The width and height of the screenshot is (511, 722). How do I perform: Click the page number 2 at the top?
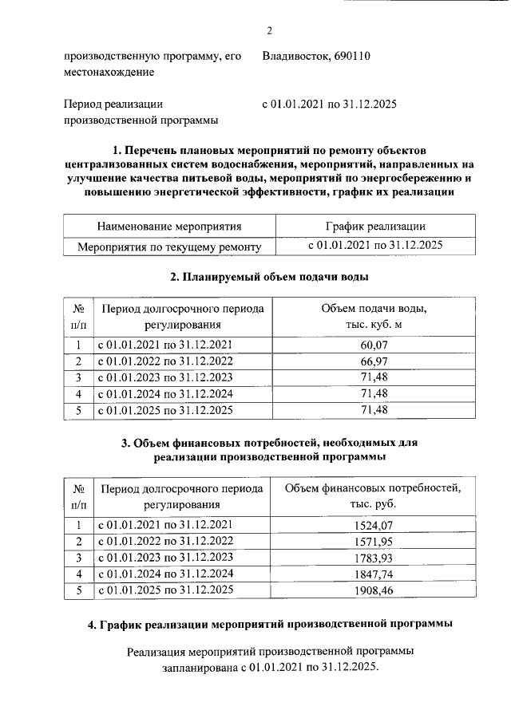pos(270,31)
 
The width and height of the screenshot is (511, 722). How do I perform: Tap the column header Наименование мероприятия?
pos(169,227)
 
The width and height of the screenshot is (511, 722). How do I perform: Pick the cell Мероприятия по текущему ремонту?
pos(169,247)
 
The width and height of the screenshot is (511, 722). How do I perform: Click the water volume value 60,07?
pos(374,345)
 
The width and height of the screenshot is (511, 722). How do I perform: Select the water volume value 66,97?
pos(374,361)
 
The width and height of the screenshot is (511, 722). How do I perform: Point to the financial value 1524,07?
pos(374,525)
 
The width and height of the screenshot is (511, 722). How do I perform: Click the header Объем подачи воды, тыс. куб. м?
pos(374,317)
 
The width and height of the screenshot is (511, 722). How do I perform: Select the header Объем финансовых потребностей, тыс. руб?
pos(374,496)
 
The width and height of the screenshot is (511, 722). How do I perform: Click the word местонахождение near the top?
pos(109,73)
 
